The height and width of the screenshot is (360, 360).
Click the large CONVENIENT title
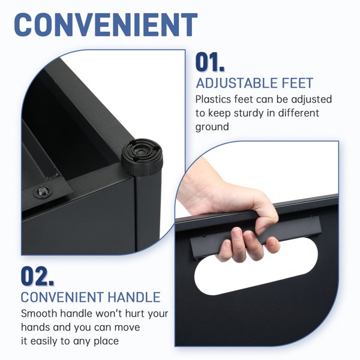106,25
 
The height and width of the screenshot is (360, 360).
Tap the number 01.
209,62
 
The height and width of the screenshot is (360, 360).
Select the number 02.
37,276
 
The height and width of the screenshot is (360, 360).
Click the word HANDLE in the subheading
134,298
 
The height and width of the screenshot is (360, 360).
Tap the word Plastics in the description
213,100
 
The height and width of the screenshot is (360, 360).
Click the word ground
212,127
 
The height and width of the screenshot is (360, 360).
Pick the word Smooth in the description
39,314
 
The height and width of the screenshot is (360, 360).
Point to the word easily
44,341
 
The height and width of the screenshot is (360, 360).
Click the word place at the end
106,341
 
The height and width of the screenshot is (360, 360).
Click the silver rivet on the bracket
43,191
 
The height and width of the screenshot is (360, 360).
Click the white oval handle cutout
256,266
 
